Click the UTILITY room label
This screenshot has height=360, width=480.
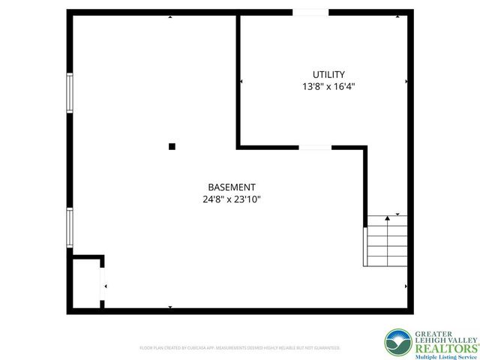(x=328, y=74)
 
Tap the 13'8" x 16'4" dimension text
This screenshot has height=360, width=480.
(x=328, y=86)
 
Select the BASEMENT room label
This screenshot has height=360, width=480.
(x=232, y=187)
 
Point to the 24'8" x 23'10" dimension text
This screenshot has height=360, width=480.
(x=232, y=199)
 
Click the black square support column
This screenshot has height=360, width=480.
(x=172, y=146)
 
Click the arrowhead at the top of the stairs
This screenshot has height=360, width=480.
(x=387, y=217)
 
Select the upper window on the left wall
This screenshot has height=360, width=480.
(x=70, y=93)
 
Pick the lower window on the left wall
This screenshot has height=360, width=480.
(x=70, y=226)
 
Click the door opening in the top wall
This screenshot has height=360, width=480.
(x=310, y=12)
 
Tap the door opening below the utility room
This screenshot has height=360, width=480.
(x=315, y=147)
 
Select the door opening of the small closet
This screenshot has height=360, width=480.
(x=103, y=286)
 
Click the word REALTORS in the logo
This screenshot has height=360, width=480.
(x=443, y=348)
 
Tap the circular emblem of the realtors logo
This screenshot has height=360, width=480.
(x=397, y=343)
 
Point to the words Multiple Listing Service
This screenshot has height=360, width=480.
(x=443, y=357)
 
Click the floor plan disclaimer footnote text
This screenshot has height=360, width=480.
(x=240, y=348)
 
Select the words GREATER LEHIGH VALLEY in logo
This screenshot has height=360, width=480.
(x=443, y=336)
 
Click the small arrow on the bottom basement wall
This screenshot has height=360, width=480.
(x=170, y=307)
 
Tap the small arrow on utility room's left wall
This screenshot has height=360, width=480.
(x=241, y=81)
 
